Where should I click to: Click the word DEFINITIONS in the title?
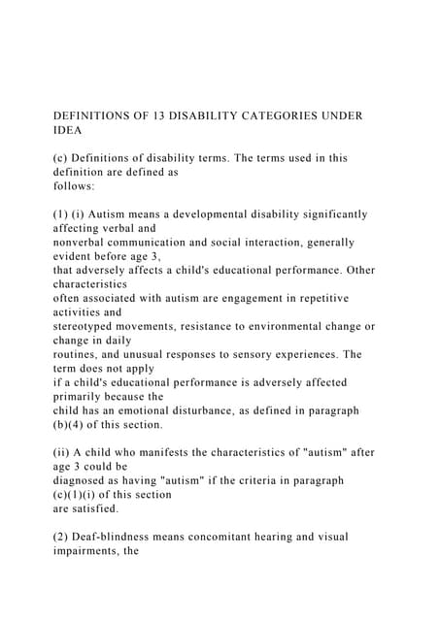pos(96,115)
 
